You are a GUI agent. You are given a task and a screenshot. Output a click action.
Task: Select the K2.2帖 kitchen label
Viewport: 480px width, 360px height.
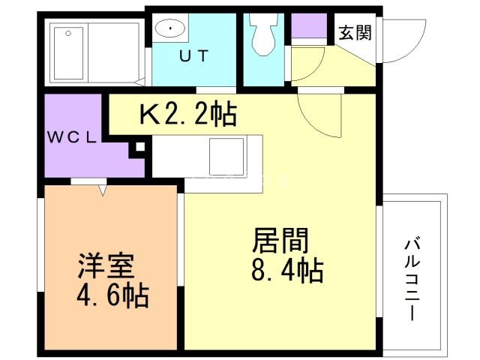(x=188, y=115)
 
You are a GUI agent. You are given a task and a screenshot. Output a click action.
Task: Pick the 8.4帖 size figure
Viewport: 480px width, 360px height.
(x=287, y=269)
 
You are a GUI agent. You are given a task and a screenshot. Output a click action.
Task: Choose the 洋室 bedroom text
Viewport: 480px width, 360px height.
(x=106, y=267)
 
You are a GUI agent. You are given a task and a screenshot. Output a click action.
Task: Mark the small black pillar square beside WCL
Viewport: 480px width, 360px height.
(x=137, y=148)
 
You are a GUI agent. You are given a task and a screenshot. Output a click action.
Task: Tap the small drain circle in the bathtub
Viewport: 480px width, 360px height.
(x=69, y=32)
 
